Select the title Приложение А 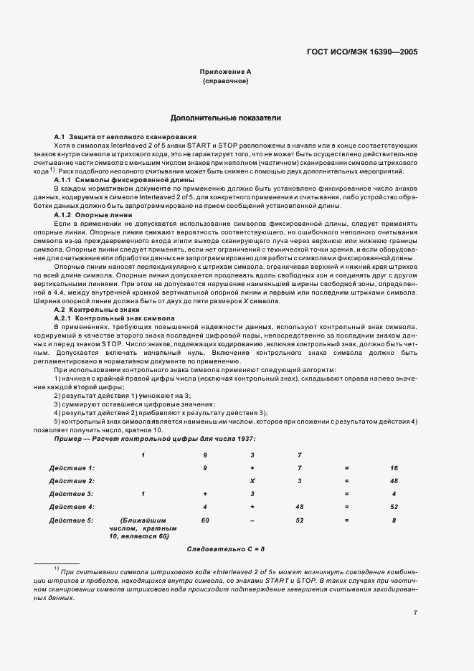tap(225, 72)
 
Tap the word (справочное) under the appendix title tap(225, 82)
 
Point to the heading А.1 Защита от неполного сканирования tap(125, 136)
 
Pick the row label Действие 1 tap(72, 467)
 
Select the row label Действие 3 tap(72, 493)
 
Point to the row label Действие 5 tap(72, 520)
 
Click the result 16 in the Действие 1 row tap(394, 467)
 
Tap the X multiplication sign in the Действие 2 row tap(252, 480)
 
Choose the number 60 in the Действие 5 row tap(205, 520)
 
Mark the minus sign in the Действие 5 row tap(252, 520)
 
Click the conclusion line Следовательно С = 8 tap(225, 548)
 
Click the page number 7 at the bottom tap(416, 613)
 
